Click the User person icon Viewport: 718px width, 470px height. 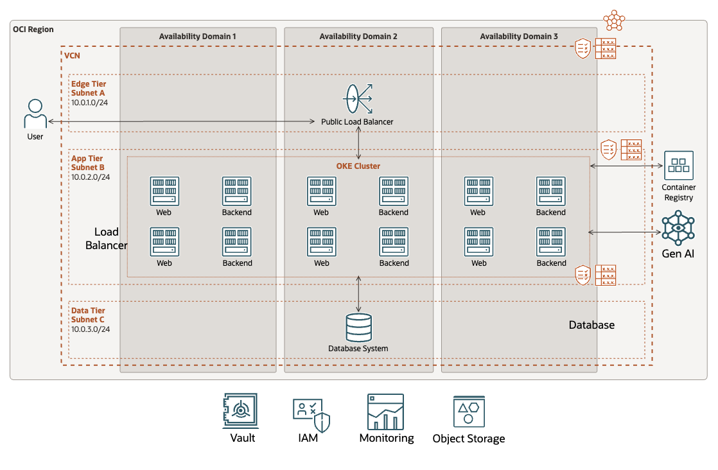point(35,114)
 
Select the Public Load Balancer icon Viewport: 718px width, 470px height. point(358,99)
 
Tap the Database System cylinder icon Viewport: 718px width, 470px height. point(358,327)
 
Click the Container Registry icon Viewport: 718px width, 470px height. point(678,166)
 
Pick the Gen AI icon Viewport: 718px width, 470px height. point(678,228)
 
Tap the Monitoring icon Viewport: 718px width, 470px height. point(385,412)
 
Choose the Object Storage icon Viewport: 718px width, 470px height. point(468,412)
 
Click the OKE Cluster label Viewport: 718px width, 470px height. point(358,166)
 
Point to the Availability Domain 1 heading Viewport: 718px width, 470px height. point(197,37)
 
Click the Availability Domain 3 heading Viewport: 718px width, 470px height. point(519,37)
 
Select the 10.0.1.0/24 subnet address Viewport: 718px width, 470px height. point(90,102)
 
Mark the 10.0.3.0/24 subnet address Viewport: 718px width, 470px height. point(91,329)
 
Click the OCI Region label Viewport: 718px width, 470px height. point(33,30)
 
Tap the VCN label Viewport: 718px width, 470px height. point(73,56)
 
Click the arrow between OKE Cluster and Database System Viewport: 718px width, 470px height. point(358,294)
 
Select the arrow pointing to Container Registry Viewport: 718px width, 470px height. point(626,166)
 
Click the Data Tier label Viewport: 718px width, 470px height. point(88,310)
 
